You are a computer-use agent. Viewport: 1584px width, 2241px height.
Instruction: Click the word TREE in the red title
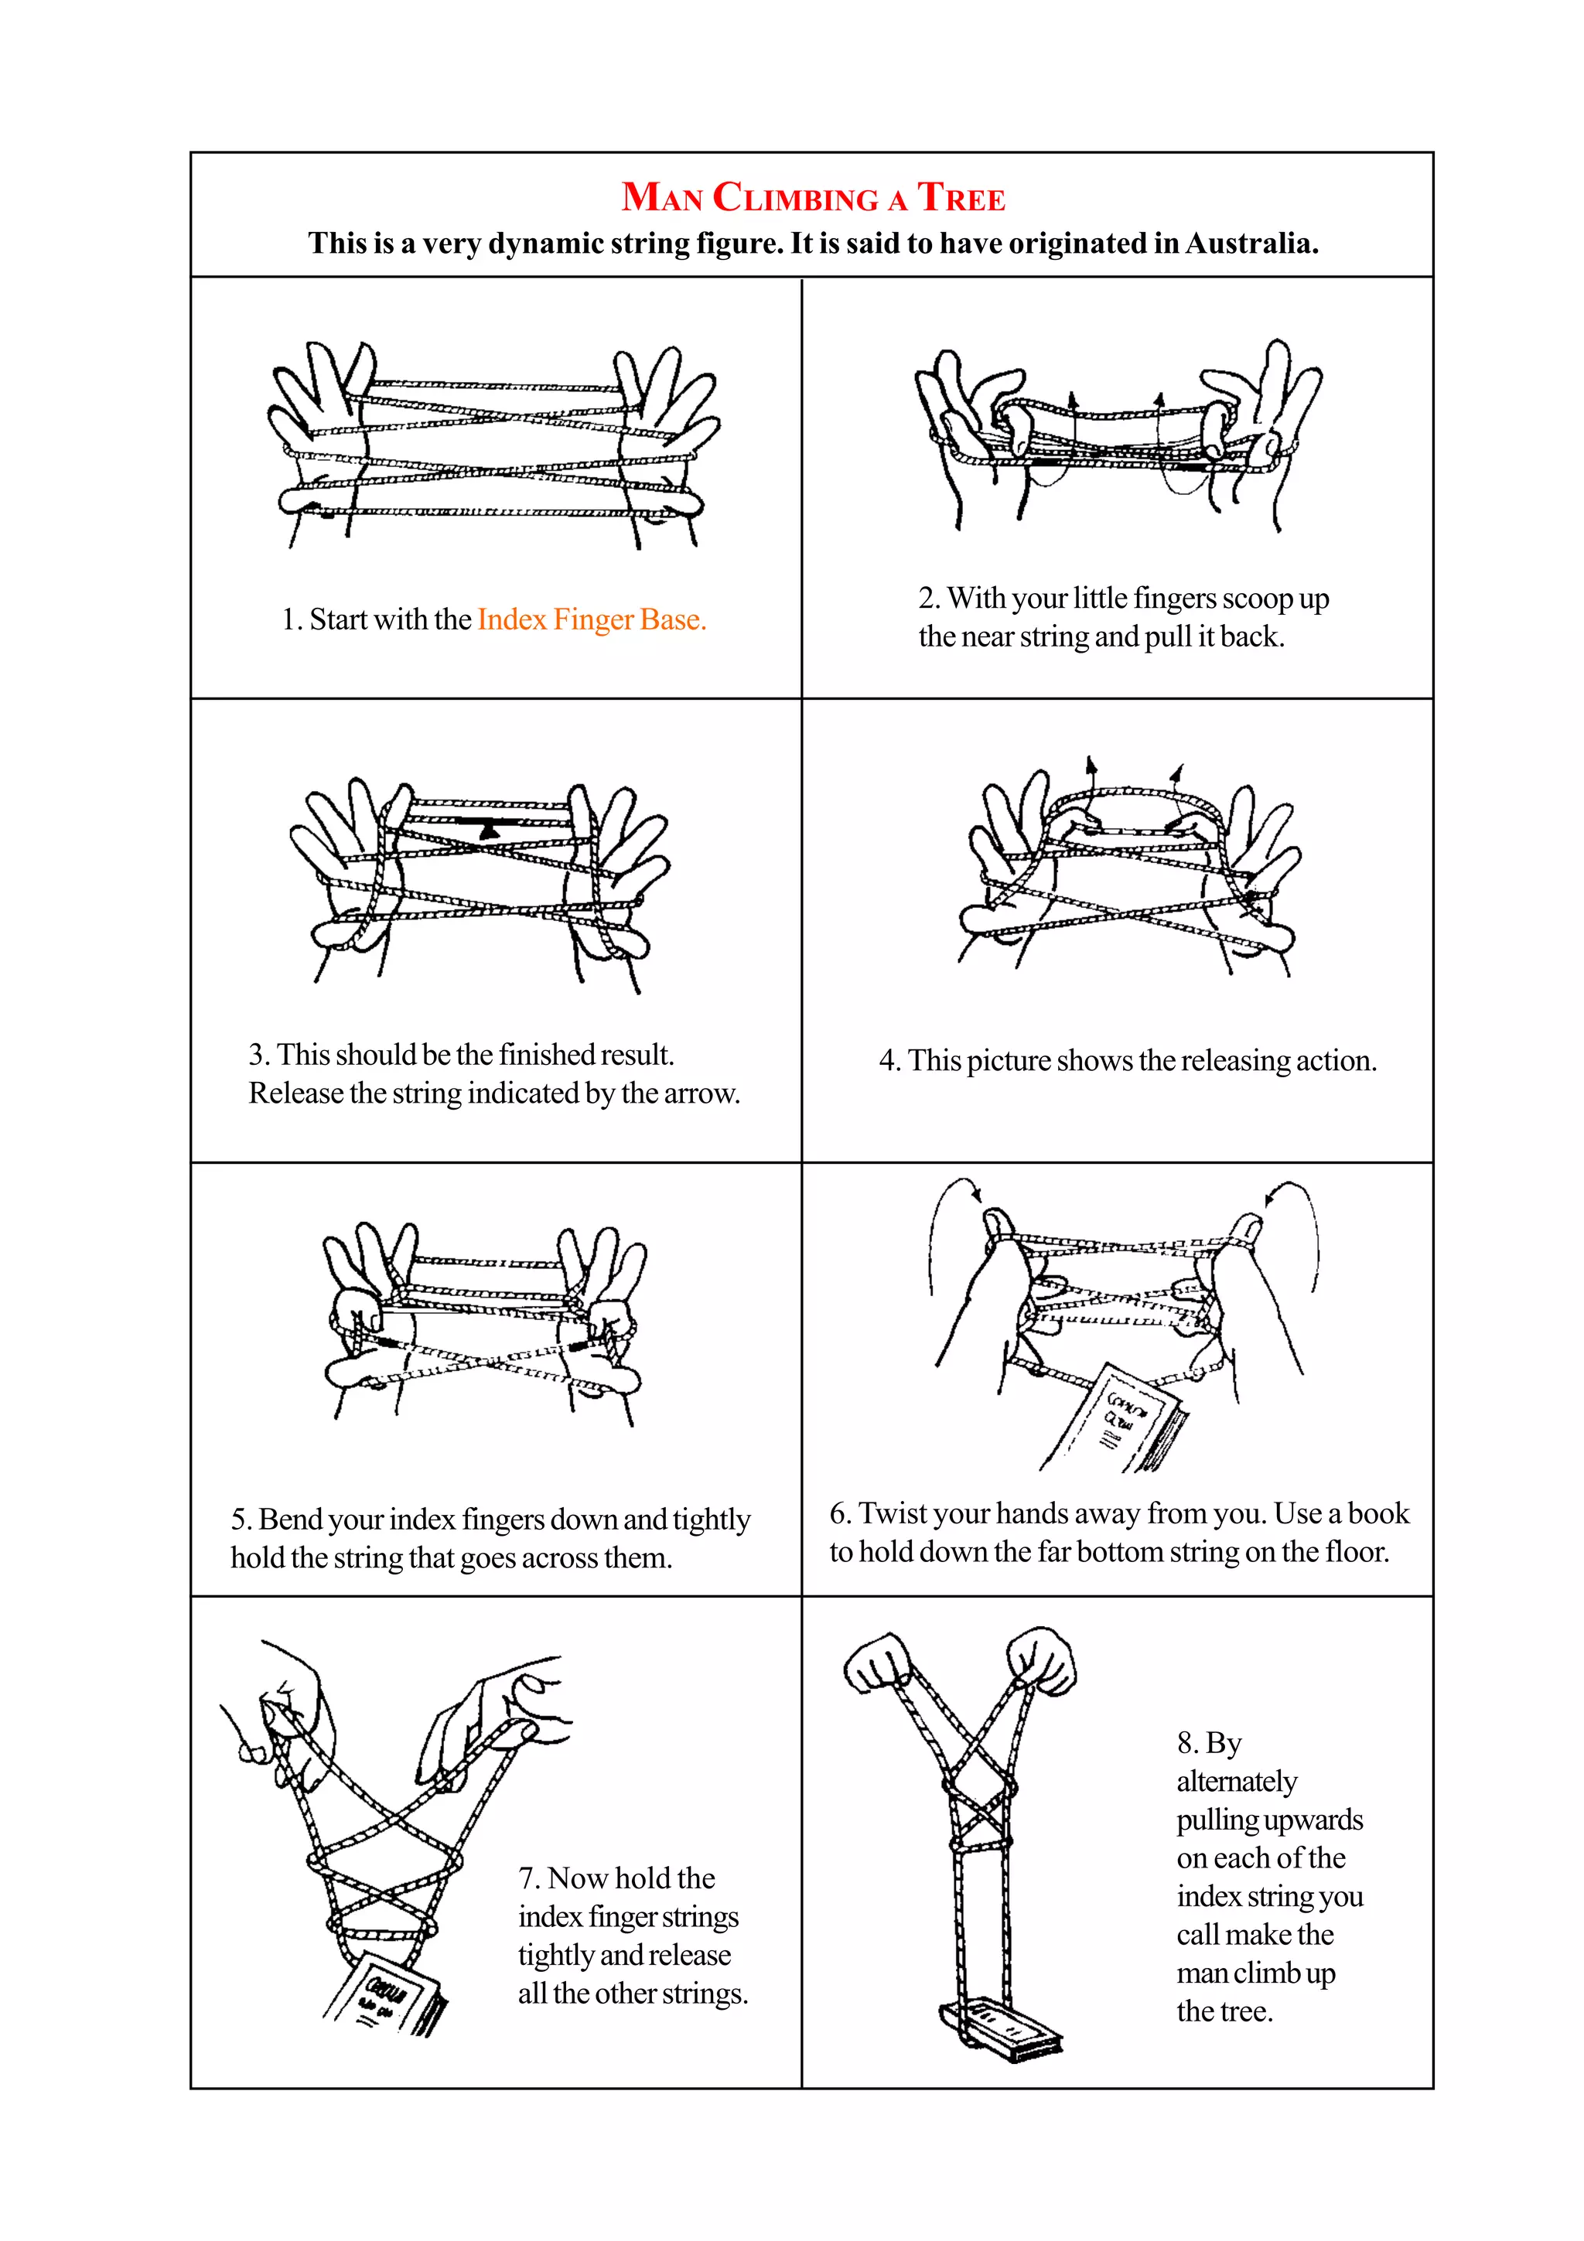(x=961, y=198)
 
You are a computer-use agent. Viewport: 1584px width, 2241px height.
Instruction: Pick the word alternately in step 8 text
(x=1236, y=1782)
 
